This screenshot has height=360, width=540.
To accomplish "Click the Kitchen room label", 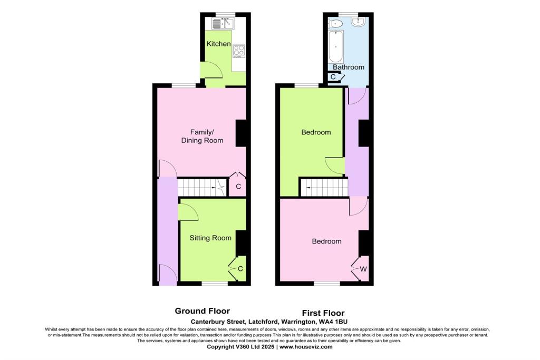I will point(218,44).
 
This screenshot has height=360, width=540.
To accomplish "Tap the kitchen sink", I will point(223,23).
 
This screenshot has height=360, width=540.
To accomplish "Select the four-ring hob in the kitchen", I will point(239,51).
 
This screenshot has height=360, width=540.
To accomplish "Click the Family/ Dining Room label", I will point(202,136).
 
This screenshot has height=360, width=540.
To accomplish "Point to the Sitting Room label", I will point(210,238).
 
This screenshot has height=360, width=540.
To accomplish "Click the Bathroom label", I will point(348,67).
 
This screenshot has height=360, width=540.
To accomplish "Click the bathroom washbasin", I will point(359,22).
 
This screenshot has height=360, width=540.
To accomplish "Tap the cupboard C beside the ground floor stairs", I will point(238,186).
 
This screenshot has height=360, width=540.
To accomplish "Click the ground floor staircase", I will point(201,187).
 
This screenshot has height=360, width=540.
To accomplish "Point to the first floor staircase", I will point(323,187).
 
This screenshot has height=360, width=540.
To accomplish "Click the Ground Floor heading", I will point(202,311).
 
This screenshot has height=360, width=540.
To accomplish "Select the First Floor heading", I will point(323,313).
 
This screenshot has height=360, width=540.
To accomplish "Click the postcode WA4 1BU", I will point(333,321).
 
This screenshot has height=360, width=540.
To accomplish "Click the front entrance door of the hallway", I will point(168,275).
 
